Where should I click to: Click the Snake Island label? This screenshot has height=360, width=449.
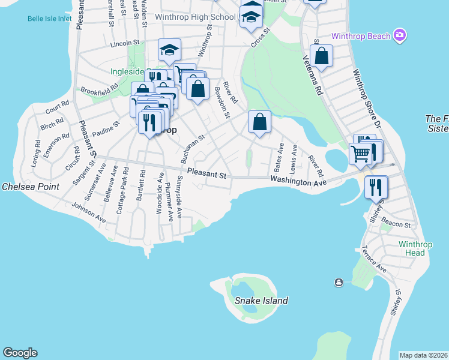[261, 301]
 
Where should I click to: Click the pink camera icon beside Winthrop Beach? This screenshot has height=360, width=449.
[400, 35]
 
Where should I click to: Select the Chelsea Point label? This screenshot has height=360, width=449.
[31, 187]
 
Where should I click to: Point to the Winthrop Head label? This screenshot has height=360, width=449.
[412, 248]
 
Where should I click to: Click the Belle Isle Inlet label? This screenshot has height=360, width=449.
[49, 19]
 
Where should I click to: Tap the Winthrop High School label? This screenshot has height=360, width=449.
[195, 17]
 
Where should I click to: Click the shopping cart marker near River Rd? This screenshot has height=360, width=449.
[361, 154]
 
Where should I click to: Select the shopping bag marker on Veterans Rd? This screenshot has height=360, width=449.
[322, 56]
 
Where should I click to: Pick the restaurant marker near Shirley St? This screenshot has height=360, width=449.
[376, 187]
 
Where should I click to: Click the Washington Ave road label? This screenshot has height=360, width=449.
[298, 181]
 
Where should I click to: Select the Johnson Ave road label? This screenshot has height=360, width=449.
[88, 213]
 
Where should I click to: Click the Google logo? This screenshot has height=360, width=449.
[20, 353]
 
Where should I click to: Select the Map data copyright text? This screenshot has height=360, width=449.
[424, 355]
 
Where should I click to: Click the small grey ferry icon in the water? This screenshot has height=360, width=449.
[339, 282]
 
